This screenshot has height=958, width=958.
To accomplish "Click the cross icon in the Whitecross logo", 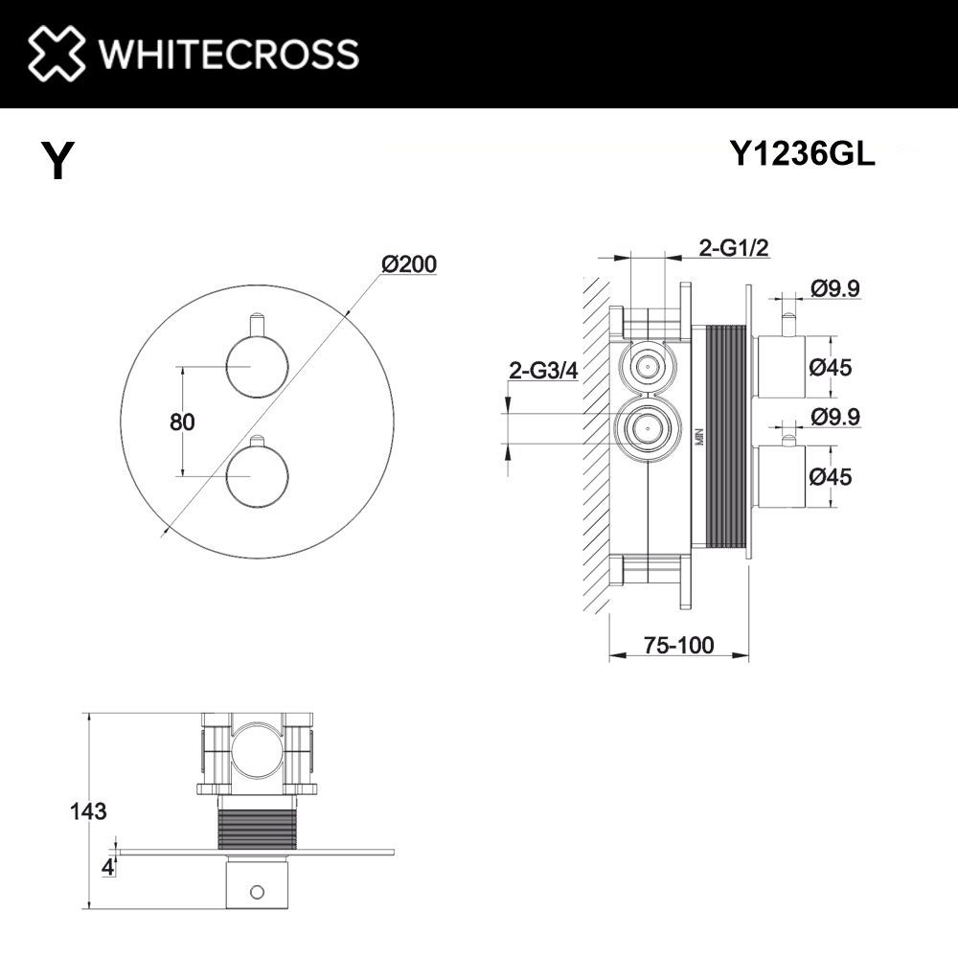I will [56, 53].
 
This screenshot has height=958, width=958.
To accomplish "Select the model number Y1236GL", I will [802, 154].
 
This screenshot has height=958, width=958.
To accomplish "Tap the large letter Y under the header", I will [57, 161].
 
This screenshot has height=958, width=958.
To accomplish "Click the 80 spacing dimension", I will [181, 422].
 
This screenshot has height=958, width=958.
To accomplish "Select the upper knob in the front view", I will [255, 366].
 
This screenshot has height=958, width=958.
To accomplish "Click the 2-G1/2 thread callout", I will [734, 248].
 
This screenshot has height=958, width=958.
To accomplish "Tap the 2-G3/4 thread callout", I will [543, 372].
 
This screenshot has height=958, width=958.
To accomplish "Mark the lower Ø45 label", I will [831, 476].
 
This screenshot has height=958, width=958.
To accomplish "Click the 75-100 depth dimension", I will [678, 646].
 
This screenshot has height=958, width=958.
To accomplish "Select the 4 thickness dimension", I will [108, 868].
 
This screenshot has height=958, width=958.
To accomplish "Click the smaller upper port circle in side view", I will [649, 366].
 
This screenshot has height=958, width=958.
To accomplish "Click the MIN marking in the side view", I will [700, 436].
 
